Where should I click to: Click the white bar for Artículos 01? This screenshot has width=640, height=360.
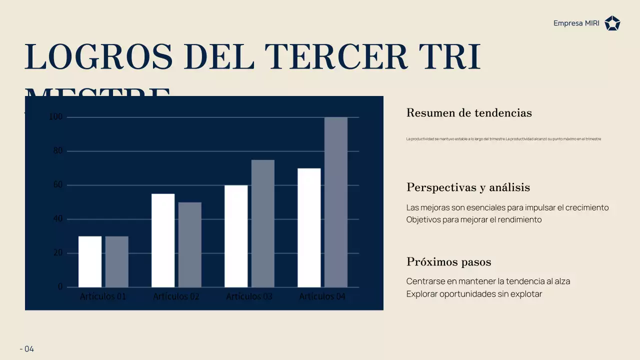coord(90,261)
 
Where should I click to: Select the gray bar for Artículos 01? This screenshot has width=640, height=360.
coord(117,261)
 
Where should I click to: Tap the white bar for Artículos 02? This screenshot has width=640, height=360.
coord(163,240)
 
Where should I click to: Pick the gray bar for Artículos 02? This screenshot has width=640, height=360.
coord(190,244)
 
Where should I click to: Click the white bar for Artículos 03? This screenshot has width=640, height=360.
coord(236,236)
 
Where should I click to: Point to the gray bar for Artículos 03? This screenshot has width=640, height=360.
coord(263,223)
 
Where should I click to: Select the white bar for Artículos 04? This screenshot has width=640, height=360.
coord(309,227)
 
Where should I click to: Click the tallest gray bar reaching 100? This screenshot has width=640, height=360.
coord(336,202)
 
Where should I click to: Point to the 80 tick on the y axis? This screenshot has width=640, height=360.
coord(58,151)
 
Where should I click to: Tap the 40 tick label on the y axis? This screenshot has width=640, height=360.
coord(58,219)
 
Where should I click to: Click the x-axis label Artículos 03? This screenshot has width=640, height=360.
coord(249,296)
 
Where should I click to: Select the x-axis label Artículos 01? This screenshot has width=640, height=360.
coord(103,296)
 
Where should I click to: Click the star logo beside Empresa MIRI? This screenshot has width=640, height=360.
coord(612,23)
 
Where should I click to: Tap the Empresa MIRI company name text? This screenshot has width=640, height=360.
coord(576,23)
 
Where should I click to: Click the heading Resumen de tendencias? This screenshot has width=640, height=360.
coord(469,113)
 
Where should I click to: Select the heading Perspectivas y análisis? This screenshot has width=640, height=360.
coord(468,187)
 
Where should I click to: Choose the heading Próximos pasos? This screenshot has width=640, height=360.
coord(448,262)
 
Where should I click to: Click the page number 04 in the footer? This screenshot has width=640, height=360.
coord(29,349)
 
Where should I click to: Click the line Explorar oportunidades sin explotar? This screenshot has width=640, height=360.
coord(474,294)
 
